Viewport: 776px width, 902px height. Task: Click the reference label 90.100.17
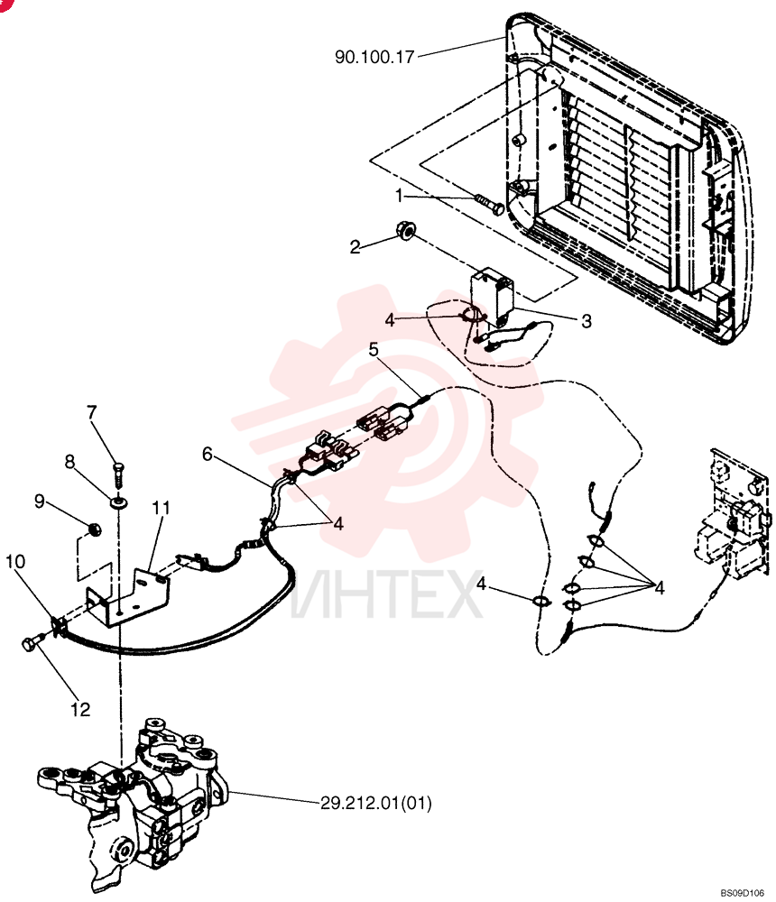pyautogui.click(x=374, y=57)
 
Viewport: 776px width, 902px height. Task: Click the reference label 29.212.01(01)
pyautogui.click(x=375, y=803)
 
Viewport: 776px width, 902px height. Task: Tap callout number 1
pyautogui.click(x=398, y=196)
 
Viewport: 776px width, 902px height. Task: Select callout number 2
pyautogui.click(x=356, y=247)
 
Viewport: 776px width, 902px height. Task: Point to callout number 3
pyautogui.click(x=586, y=321)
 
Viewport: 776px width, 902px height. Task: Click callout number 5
pyautogui.click(x=374, y=349)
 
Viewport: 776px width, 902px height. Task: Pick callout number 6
pyautogui.click(x=208, y=454)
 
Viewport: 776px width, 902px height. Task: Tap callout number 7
pyautogui.click(x=91, y=412)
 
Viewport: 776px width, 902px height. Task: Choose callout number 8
pyautogui.click(x=69, y=461)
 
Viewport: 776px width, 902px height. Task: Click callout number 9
pyautogui.click(x=39, y=501)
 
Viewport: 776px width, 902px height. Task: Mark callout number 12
pyautogui.click(x=80, y=709)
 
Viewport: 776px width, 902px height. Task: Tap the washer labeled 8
pyautogui.click(x=119, y=502)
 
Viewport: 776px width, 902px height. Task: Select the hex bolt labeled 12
pyautogui.click(x=34, y=641)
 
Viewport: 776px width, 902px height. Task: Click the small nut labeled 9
pyautogui.click(x=95, y=528)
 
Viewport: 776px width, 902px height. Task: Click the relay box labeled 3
pyautogui.click(x=492, y=292)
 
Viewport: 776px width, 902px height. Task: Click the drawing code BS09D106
pyautogui.click(x=742, y=893)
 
